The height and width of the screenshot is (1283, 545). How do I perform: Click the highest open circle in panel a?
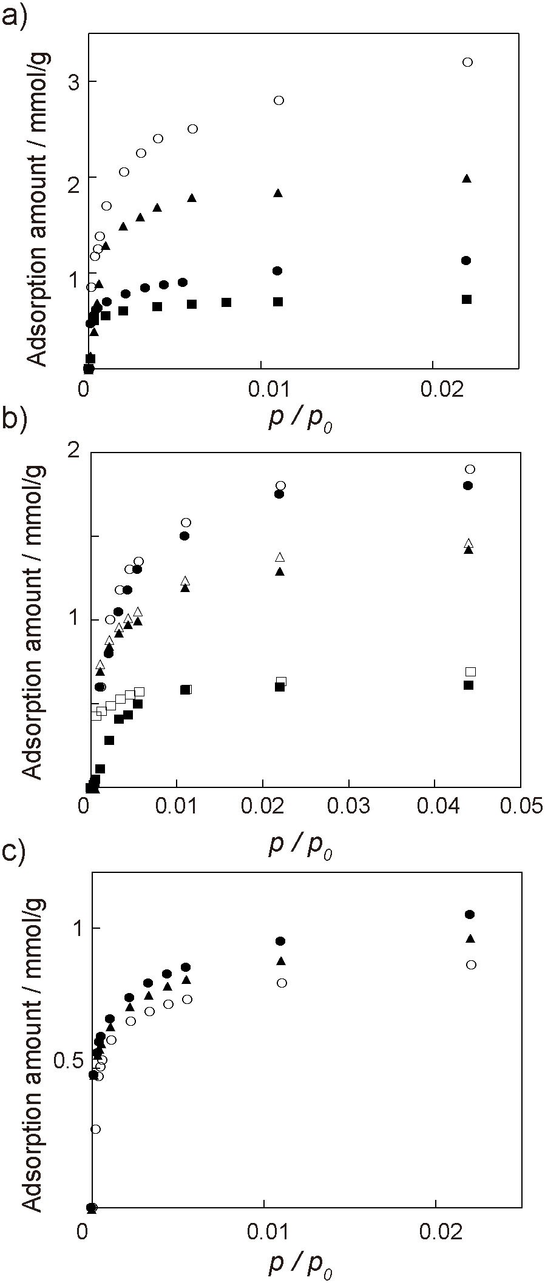(467, 62)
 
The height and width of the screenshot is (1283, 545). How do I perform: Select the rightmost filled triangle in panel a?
(467, 178)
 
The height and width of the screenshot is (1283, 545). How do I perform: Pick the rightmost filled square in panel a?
(467, 299)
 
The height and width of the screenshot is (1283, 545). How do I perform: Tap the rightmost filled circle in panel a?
(466, 260)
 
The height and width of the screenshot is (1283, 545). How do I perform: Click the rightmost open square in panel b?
(470, 671)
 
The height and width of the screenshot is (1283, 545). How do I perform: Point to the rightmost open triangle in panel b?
(469, 543)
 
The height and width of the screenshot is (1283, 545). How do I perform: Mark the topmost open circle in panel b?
(469, 469)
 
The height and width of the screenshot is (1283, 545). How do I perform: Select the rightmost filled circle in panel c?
(469, 914)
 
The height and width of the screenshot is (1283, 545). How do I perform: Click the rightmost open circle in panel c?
(470, 965)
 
